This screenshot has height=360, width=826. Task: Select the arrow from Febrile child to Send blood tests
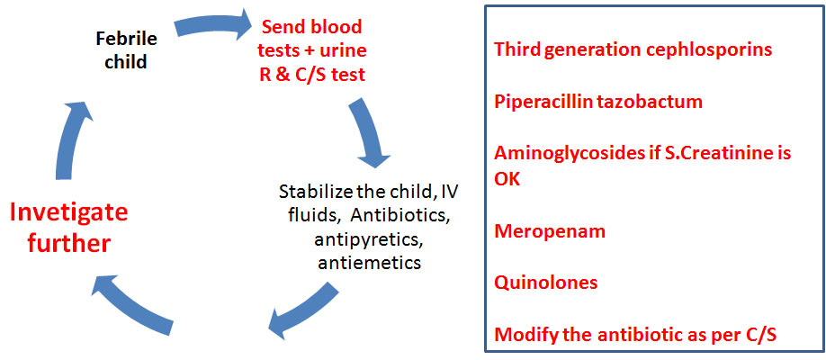pos(213,26)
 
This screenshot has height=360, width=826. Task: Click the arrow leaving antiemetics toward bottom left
pos(303,312)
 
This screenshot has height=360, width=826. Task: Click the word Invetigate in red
pos(69,214)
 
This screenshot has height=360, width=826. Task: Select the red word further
pos(69,243)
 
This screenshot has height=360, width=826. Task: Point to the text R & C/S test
pos(312,75)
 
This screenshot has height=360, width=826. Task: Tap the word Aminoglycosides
pos(555,154)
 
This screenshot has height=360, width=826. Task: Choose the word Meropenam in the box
pos(550,231)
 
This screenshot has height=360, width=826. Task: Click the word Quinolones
pos(546,283)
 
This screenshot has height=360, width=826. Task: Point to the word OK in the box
pos(507,179)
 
